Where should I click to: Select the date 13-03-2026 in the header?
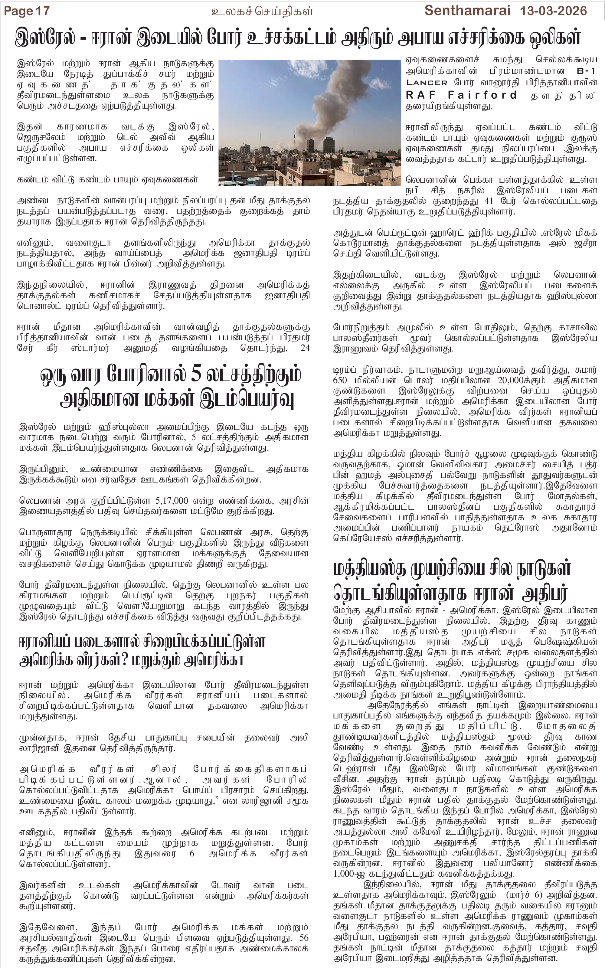click(553, 11)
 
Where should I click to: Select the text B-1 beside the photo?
click(586, 71)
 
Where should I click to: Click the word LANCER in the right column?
click(427, 82)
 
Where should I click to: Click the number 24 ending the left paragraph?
click(305, 348)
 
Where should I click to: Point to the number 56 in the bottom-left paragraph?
click(304, 938)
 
